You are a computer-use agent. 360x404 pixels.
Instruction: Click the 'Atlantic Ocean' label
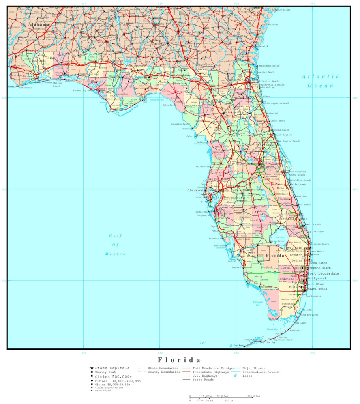point(321,81)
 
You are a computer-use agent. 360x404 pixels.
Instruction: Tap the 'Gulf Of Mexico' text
point(115,245)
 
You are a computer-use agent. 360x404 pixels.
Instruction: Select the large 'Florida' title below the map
point(179,360)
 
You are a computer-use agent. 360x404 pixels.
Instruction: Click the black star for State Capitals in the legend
point(92,368)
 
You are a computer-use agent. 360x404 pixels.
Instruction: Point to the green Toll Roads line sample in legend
point(186,368)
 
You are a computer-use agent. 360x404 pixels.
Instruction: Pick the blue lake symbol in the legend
point(236,376)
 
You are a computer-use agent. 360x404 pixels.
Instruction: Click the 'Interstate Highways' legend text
point(211,372)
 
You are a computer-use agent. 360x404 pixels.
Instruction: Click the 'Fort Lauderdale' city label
point(324,273)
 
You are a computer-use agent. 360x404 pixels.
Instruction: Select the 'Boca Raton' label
point(319,263)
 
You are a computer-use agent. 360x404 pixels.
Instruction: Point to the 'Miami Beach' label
point(318,289)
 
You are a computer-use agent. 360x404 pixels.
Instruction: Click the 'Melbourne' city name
point(298,184)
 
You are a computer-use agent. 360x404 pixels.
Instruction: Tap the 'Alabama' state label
point(39,24)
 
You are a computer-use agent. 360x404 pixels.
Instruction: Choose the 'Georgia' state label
point(159,44)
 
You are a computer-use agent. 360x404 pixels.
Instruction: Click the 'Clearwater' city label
point(197,190)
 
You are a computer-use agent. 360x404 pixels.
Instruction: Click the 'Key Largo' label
point(301,322)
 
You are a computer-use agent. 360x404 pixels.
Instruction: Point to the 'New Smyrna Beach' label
point(288,141)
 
